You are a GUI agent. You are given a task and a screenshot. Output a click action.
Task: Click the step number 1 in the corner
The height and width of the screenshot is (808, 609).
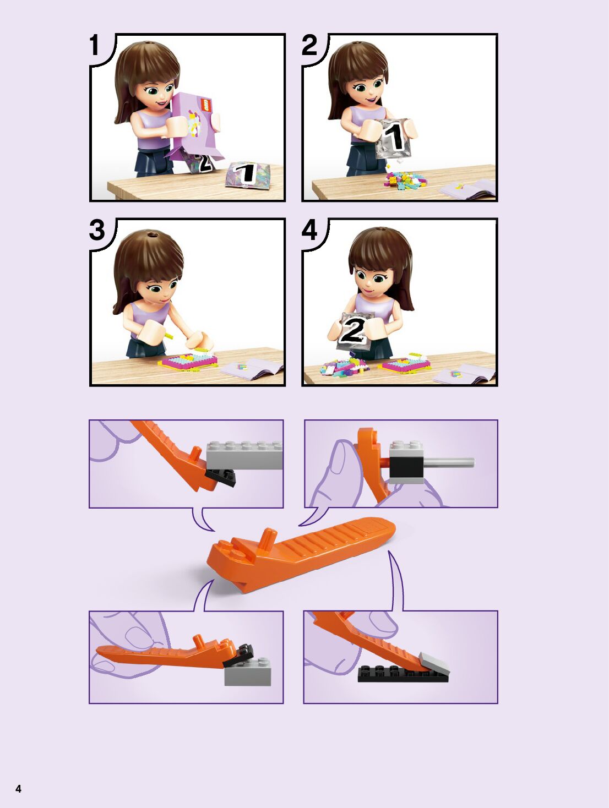click(95, 45)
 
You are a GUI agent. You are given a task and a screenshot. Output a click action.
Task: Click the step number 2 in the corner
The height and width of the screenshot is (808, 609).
click(309, 45)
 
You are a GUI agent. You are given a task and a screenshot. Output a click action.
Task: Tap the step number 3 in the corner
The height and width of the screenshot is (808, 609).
click(97, 230)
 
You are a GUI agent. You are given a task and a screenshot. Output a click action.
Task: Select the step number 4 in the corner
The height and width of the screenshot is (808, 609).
click(309, 230)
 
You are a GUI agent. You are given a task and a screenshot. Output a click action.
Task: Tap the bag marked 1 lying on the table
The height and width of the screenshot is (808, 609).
click(247, 176)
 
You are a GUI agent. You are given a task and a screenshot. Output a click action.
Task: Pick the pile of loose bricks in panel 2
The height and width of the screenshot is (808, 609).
click(405, 181)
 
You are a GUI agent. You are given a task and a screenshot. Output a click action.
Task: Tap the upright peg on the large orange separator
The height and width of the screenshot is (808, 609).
click(268, 538)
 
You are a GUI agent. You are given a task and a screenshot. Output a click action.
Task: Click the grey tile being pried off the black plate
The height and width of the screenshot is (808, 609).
click(434, 663)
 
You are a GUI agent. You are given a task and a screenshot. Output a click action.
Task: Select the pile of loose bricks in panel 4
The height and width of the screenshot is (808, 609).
click(343, 367)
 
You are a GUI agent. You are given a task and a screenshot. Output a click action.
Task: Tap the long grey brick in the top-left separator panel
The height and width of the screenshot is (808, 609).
click(244, 455)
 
